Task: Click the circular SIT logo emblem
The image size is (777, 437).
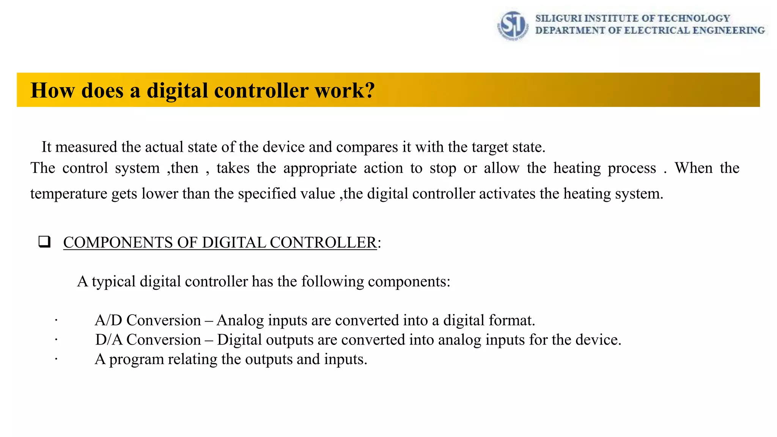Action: click(x=513, y=25)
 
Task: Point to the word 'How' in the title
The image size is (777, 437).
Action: click(x=52, y=90)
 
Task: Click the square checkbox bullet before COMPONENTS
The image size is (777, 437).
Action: click(x=44, y=242)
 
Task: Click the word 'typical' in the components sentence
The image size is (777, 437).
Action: click(x=113, y=281)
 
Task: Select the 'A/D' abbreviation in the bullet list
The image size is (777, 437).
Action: click(x=109, y=320)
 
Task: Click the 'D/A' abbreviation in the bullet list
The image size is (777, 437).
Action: click(x=109, y=340)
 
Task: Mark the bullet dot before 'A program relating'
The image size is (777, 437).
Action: click(x=56, y=359)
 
